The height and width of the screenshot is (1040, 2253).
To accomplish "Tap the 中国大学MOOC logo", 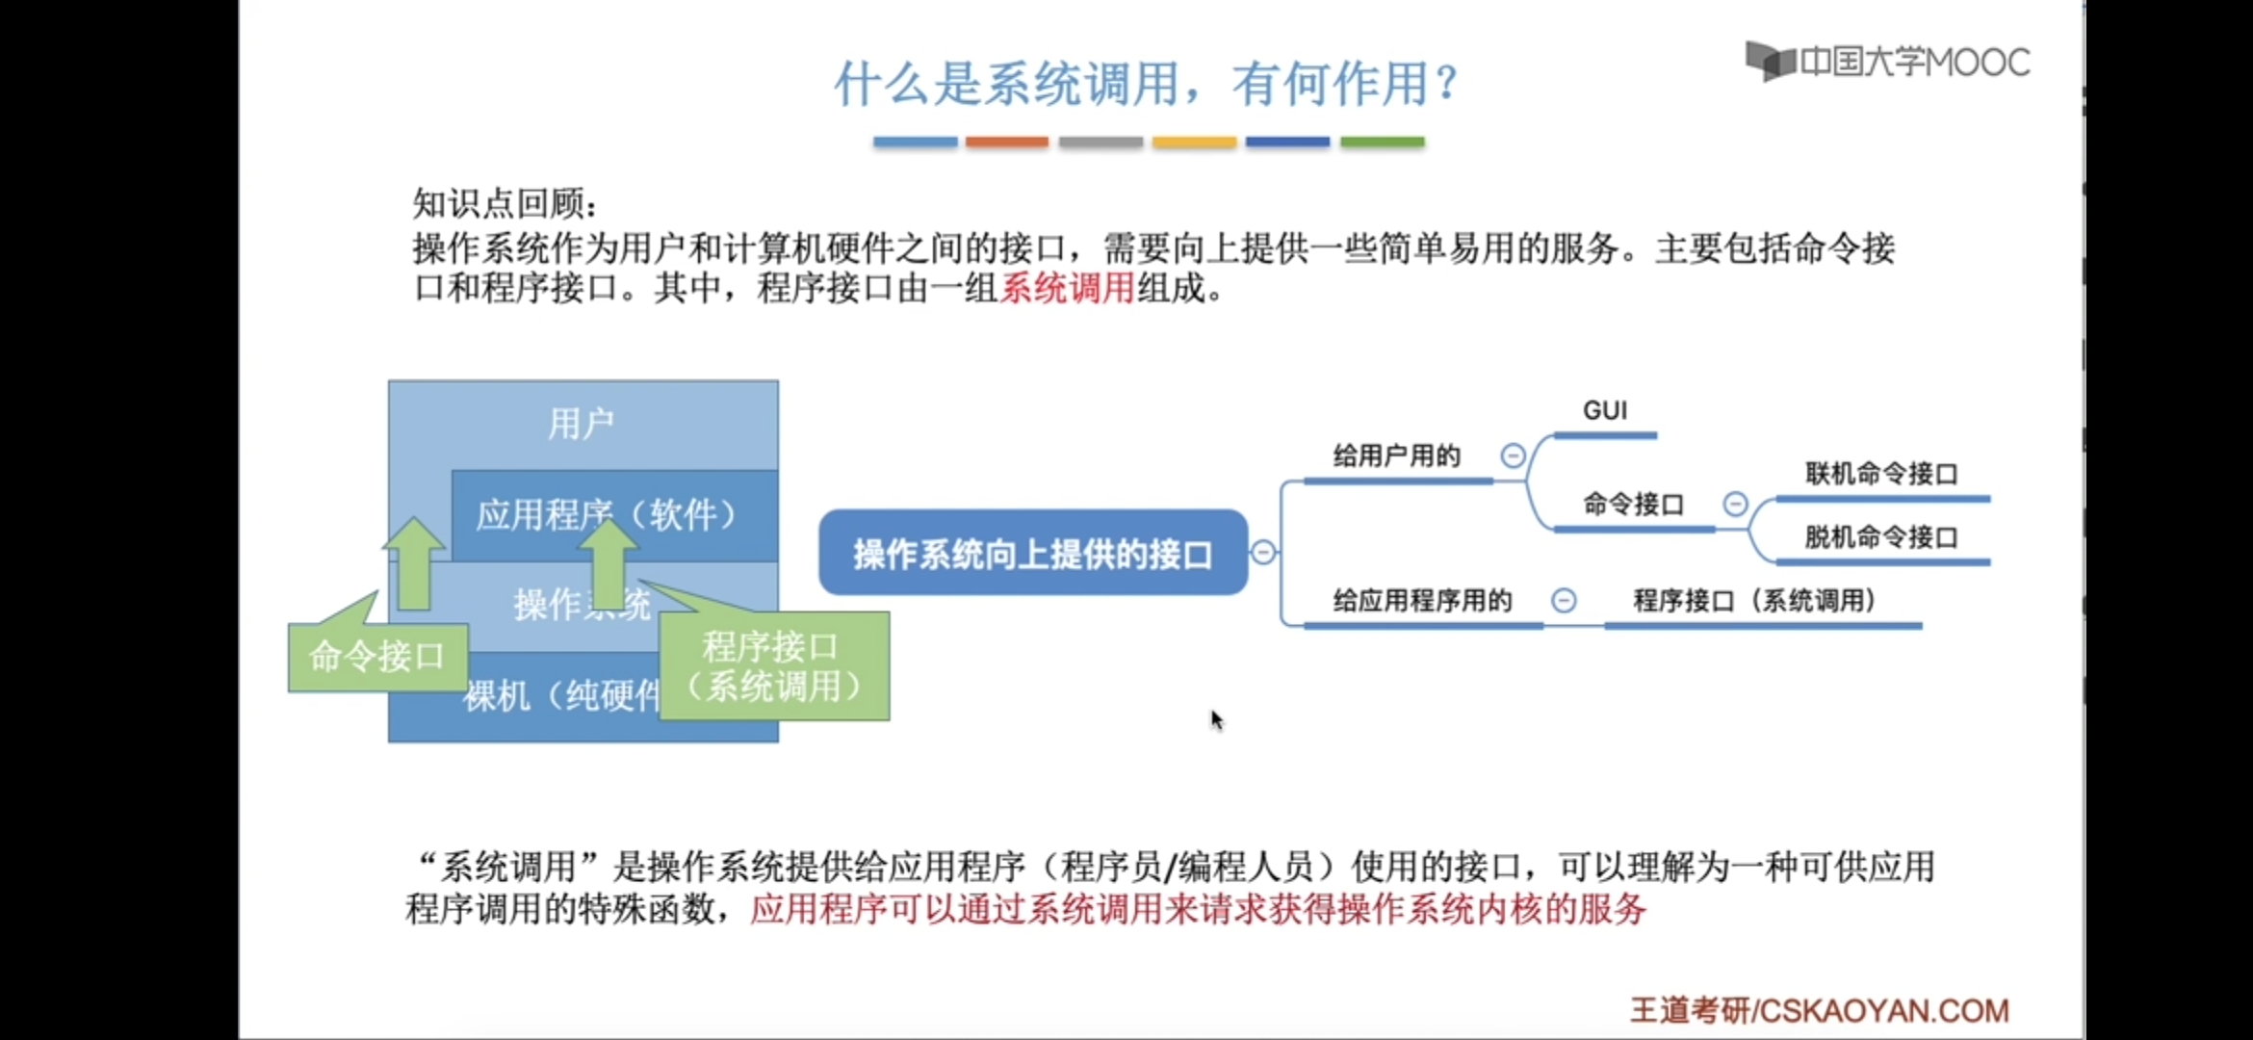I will coord(1887,63).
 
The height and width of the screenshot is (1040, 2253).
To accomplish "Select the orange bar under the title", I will coord(1006,142).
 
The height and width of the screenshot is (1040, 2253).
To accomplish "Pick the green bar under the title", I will coord(1382,142).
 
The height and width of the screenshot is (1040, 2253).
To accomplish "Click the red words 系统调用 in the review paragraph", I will coord(1067,288).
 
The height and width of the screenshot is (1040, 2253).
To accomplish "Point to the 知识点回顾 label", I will coord(505,203).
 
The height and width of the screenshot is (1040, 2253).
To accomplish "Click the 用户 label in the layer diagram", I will coord(581,424).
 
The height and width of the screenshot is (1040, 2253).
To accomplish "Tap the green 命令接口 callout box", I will coord(376,657).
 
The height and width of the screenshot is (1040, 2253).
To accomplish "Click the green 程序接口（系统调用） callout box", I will coord(773,666).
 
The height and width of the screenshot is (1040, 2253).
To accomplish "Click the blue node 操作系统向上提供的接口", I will coord(1032,554).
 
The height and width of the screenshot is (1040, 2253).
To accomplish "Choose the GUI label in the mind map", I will coord(1605,411).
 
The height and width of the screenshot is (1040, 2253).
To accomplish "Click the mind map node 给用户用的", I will coord(1396,456).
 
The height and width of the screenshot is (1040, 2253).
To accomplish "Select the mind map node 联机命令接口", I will coord(1881,474).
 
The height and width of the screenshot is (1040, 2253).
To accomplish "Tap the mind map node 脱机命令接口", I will coord(1881,537).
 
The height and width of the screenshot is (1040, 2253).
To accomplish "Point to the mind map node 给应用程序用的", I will coord(1422,602).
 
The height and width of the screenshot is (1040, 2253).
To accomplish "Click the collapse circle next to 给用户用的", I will coord(1513,455).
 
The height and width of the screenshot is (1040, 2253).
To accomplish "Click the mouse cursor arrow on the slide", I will coord(1216,718).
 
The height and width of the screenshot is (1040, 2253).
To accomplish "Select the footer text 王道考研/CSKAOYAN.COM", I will coord(1819,1010).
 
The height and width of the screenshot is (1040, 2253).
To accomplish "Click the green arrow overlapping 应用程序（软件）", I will coord(608,563).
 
